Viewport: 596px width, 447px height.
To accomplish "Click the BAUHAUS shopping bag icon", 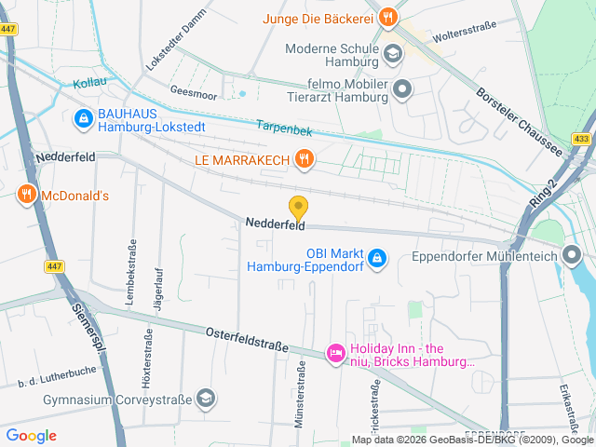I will click(82, 118).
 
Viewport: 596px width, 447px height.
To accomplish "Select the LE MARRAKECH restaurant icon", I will click(303, 159).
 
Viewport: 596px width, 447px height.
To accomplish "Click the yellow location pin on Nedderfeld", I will click(298, 208).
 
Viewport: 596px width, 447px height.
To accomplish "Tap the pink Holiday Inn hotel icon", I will click(334, 353).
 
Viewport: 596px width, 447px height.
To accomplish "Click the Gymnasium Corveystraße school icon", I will click(206, 400).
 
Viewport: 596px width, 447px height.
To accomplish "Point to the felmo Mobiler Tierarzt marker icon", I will click(402, 89).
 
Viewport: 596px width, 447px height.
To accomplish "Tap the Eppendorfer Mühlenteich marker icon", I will click(574, 255).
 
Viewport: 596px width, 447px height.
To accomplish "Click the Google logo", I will click(31, 435).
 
